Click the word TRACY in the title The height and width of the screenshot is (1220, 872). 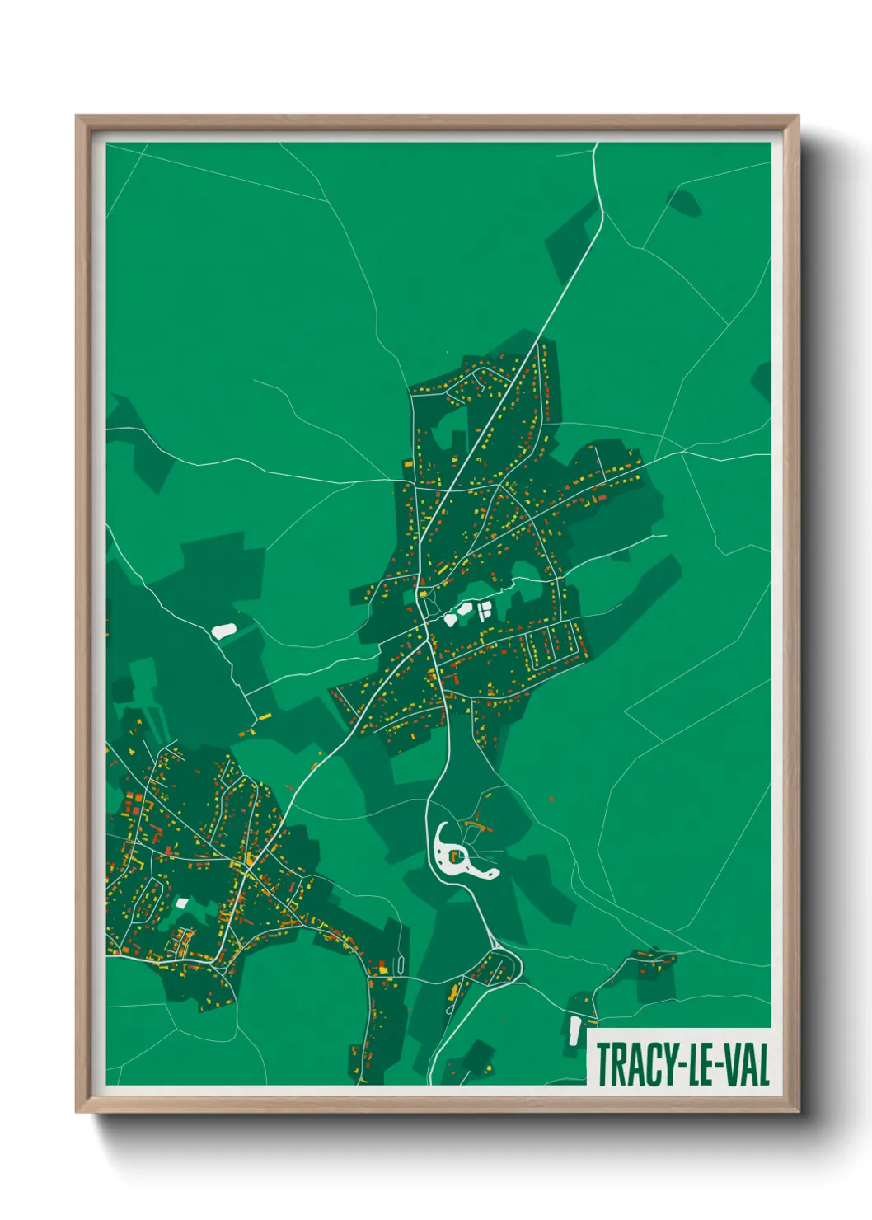(x=630, y=1064)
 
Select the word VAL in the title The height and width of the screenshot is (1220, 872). (x=744, y=1064)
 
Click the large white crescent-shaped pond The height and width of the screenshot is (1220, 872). (x=451, y=857)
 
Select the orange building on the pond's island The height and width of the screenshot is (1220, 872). (x=453, y=856)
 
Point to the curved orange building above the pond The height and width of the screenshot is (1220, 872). (x=474, y=823)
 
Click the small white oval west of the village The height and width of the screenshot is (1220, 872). (x=223, y=631)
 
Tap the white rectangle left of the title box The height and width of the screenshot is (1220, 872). (x=574, y=1030)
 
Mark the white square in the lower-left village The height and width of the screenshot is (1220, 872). (x=182, y=903)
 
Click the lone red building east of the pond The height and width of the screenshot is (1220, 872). (x=551, y=798)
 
